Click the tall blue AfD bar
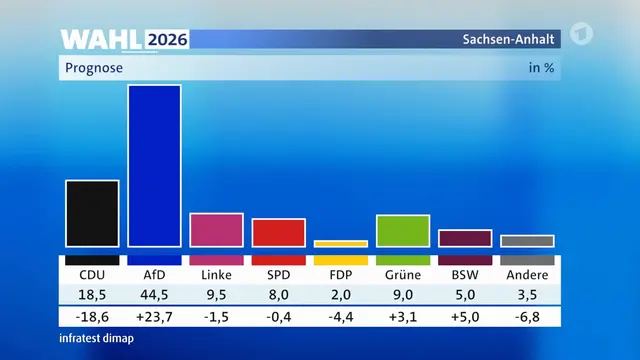coord(154,166)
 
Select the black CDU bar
coord(92,213)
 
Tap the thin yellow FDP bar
coord(341,244)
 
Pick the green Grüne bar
coord(403,231)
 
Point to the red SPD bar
coord(279,233)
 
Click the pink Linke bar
coord(216,230)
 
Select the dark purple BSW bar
coord(465,238)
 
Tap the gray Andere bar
coord(527,241)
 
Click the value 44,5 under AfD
coord(154,295)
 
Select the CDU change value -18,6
coord(92,317)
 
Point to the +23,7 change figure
coord(154,317)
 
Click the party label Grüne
coord(403,275)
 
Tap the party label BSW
coord(465,275)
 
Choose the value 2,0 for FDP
coord(341,295)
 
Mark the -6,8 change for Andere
coord(527,317)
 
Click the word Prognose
coord(94,68)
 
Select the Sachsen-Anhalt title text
coord(509,39)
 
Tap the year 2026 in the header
coord(167,40)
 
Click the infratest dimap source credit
coord(97,338)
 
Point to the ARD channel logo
coord(581,33)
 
